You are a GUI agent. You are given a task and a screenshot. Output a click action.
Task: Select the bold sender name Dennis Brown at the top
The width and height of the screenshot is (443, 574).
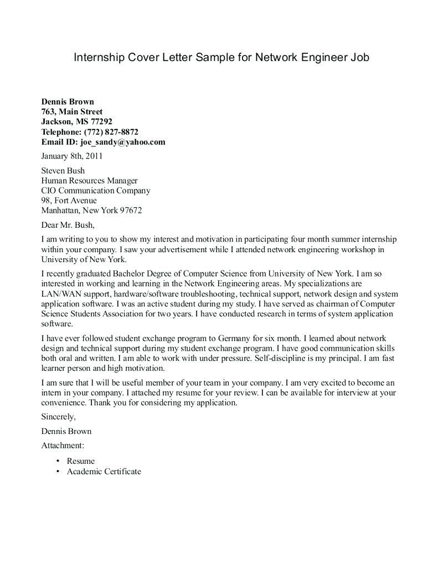68,101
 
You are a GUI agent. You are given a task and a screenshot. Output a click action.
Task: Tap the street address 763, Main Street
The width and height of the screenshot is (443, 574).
71,111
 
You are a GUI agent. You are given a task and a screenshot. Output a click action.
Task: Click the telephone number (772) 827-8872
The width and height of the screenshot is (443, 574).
111,132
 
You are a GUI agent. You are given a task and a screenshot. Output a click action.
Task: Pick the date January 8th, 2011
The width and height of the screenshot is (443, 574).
72,156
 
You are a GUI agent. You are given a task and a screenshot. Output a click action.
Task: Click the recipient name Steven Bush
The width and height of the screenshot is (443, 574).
63,171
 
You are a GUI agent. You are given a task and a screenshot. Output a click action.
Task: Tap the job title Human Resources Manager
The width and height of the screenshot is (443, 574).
89,181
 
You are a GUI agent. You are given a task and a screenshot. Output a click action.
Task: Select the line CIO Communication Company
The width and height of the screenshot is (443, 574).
96,191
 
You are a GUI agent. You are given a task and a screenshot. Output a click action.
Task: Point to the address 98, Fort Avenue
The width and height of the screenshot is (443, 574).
69,201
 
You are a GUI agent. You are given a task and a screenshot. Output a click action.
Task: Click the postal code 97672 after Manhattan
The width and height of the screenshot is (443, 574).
131,211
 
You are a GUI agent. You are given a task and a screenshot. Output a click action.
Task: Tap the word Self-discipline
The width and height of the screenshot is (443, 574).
282,358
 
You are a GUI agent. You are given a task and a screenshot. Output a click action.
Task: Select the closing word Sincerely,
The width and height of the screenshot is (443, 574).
59,417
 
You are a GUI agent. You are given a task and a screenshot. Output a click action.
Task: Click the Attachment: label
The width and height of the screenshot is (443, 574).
63,445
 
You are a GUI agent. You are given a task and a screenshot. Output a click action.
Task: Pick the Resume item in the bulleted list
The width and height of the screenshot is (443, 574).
81,461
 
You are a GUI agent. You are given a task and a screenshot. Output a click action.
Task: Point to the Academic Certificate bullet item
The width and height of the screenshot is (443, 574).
104,471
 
